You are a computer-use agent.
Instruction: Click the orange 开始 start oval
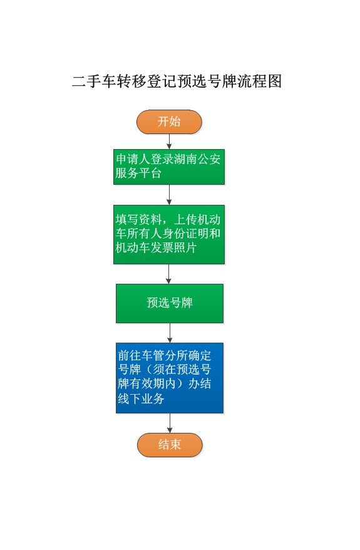point(169,122)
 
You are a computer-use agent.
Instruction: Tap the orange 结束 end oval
point(170,445)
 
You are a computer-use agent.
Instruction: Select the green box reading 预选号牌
point(170,303)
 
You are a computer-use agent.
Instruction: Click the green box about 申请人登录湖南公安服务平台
point(169,167)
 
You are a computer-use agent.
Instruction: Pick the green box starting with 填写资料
point(169,234)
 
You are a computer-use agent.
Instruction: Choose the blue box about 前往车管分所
point(170,378)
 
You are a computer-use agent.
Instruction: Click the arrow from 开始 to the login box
point(169,142)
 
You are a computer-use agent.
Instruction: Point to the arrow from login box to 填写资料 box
point(169,195)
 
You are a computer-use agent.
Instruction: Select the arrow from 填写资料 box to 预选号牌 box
point(168,274)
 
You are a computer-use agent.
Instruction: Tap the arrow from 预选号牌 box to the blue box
point(170,333)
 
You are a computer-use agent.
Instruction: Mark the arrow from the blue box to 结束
point(170,423)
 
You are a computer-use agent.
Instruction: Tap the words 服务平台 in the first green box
point(138,174)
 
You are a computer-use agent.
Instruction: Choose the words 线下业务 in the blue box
point(141,398)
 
